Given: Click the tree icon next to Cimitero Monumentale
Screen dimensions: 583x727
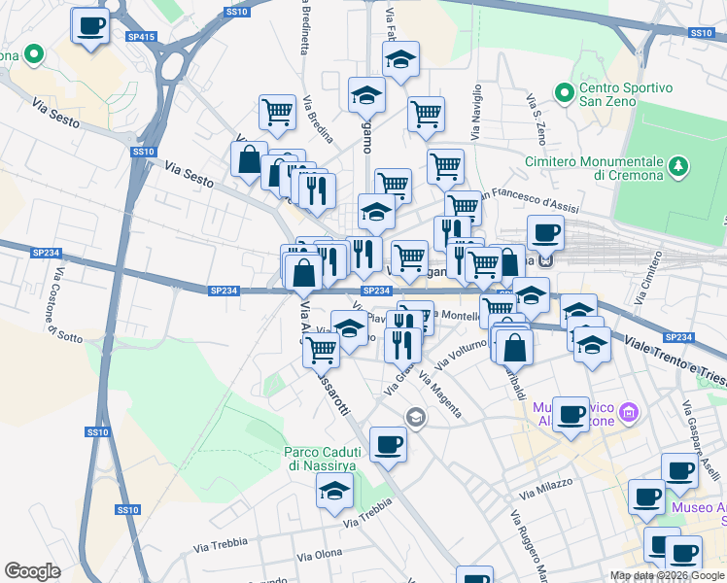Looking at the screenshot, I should coord(678,169).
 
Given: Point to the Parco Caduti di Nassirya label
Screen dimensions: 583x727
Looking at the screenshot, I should coord(322,458).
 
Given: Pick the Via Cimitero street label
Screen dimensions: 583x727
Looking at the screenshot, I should coord(646,276).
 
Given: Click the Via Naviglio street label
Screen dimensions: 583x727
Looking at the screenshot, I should coord(476,113).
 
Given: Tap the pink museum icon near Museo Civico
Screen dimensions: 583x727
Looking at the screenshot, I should coord(628,414).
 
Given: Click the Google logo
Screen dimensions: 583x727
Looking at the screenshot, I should coord(32,571).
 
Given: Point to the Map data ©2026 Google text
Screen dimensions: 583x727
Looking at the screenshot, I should coord(667,575).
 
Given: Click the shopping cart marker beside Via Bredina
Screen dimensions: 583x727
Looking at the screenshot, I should coord(277,112).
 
